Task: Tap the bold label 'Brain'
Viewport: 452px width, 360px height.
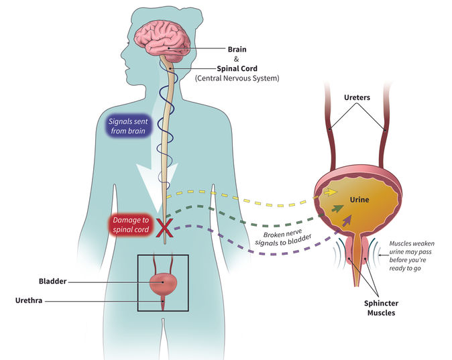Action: (237, 49)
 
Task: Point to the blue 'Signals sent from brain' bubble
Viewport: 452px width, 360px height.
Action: (131, 125)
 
